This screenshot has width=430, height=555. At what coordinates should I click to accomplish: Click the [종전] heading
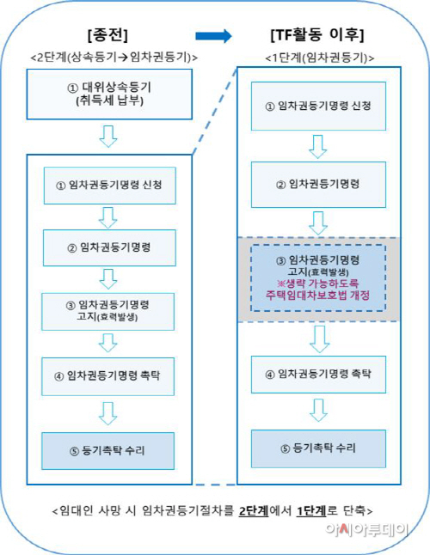(107, 35)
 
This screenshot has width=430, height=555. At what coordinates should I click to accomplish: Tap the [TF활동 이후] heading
(317, 34)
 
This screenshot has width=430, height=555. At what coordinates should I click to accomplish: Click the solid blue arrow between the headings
(213, 36)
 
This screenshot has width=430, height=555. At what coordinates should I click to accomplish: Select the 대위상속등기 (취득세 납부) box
(109, 95)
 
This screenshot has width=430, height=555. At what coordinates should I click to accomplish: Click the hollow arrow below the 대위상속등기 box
(108, 136)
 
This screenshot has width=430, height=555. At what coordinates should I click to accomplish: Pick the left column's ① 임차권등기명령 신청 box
(110, 186)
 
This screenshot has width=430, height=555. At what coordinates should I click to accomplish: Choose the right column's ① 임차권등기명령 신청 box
(318, 107)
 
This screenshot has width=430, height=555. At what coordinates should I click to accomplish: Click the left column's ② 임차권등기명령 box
(109, 247)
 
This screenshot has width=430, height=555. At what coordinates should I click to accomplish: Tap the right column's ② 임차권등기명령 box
(318, 185)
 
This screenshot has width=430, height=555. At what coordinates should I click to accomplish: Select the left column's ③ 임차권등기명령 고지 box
(108, 312)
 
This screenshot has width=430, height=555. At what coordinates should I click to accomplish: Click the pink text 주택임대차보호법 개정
(317, 296)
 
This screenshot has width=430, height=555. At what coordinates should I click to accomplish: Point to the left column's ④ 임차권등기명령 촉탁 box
(108, 376)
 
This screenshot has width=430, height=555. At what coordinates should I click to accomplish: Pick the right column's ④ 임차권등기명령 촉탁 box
(318, 374)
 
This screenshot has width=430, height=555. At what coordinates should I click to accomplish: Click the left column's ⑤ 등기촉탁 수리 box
(108, 451)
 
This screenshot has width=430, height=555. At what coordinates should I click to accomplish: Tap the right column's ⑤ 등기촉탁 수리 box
(318, 448)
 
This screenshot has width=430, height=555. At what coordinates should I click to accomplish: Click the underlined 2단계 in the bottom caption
(254, 511)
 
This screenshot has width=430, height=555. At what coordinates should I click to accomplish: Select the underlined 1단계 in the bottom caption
(311, 511)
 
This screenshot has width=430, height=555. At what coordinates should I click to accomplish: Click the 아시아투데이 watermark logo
(367, 530)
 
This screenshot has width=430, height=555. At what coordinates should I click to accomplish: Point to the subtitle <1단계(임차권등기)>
(320, 58)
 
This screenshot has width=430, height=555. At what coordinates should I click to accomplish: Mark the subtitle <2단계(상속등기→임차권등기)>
(114, 57)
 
